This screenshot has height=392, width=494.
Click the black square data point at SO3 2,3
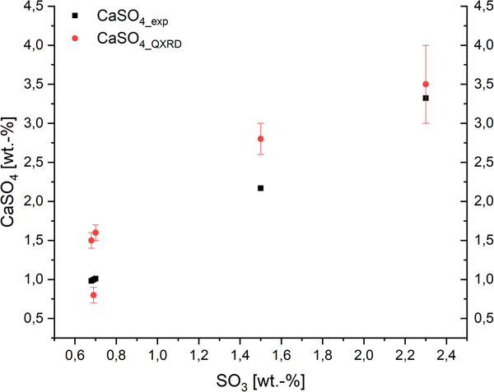pos(426,98)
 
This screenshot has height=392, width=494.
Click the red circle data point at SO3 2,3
pos(426,84)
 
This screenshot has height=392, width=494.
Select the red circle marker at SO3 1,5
pos(260,139)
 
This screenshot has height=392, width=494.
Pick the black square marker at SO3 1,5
pos(260,188)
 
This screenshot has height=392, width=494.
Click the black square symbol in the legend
pos(75,16)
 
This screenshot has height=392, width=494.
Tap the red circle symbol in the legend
pos(75,37)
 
